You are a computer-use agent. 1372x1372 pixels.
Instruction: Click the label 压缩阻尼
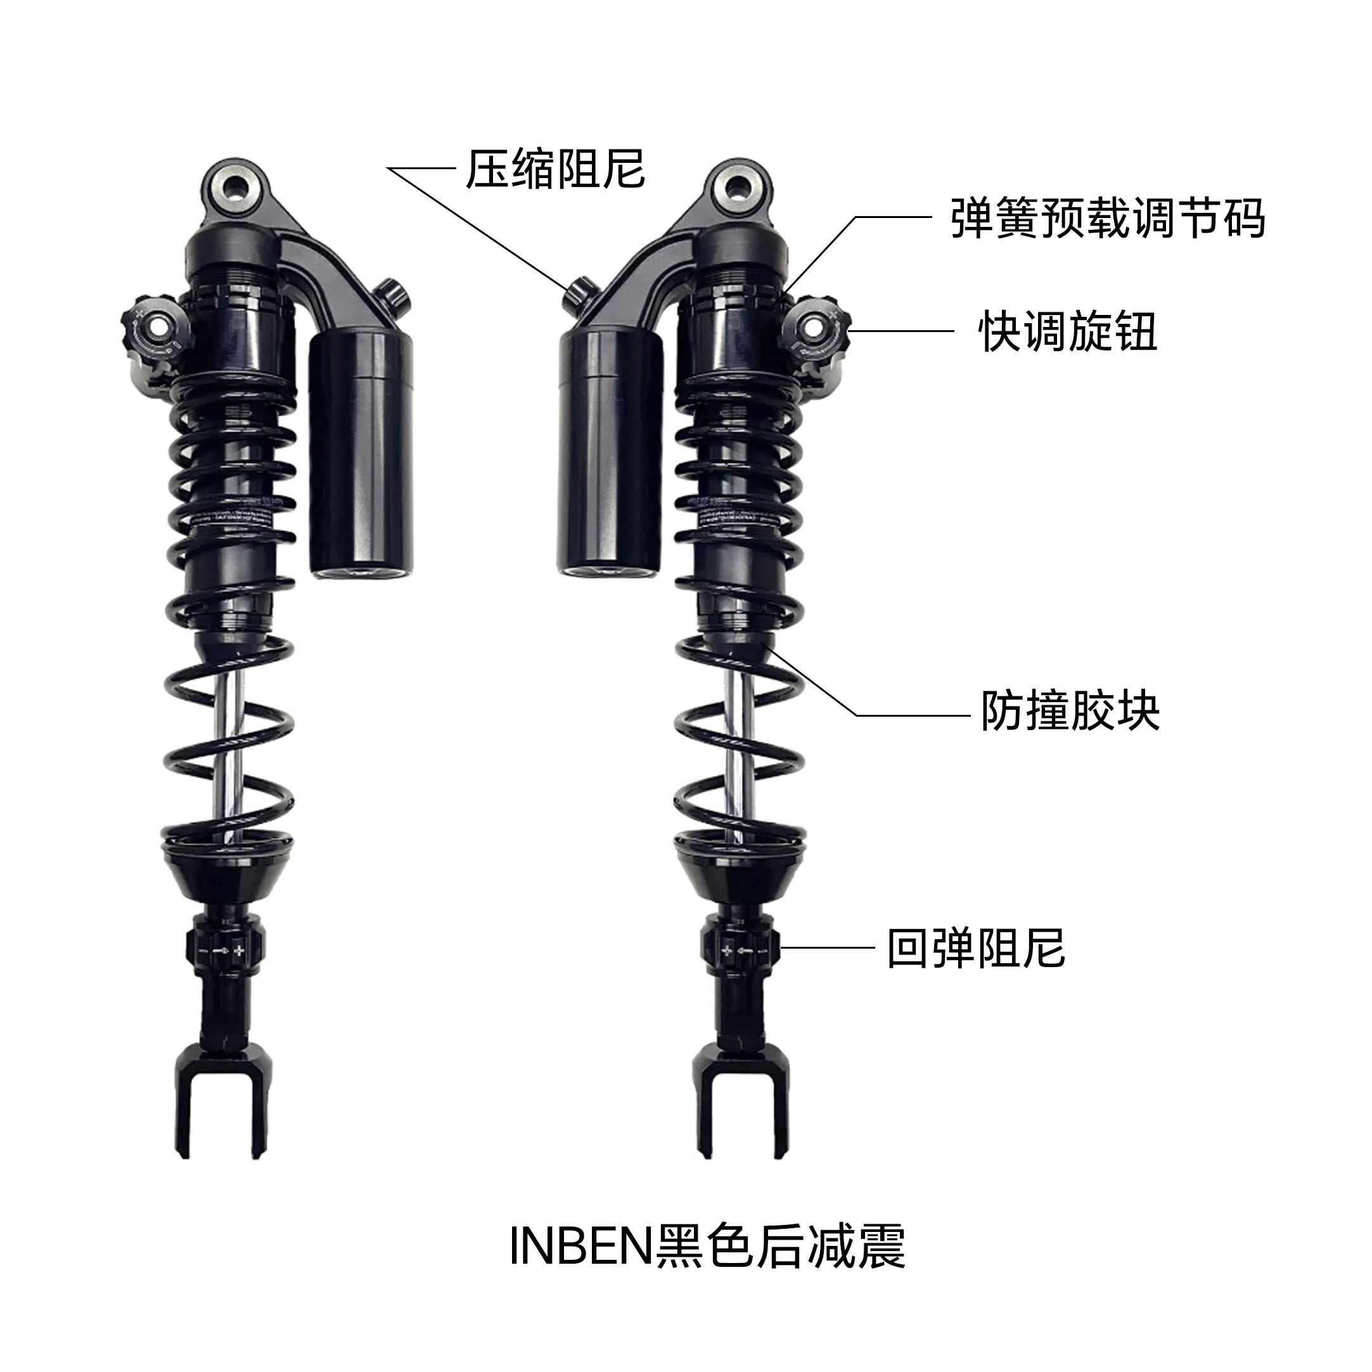click(555, 170)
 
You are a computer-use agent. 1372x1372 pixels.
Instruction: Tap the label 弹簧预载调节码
click(1107, 218)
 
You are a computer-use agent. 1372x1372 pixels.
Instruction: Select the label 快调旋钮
click(1068, 331)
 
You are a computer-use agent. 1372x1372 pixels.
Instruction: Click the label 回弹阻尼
click(976, 948)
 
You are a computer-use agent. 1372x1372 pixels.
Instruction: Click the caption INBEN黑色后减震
click(707, 1247)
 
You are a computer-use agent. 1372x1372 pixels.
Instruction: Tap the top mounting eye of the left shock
click(234, 188)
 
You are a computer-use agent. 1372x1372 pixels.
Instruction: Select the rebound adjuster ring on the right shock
click(740, 949)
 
